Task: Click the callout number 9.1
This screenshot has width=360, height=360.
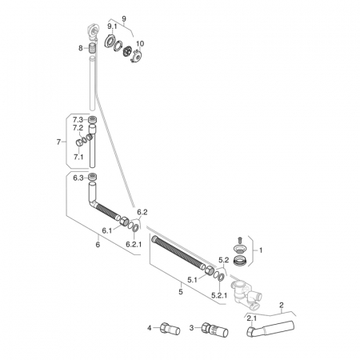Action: click(x=112, y=26)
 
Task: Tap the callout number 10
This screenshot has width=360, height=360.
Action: click(x=140, y=43)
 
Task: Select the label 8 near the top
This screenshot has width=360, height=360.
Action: click(x=81, y=48)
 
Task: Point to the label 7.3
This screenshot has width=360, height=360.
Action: click(x=78, y=120)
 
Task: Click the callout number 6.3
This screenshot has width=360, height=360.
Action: click(x=78, y=178)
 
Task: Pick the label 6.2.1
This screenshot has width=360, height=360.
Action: click(x=134, y=244)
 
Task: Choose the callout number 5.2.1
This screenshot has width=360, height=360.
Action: click(x=219, y=295)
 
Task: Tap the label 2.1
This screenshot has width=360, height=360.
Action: click(x=252, y=318)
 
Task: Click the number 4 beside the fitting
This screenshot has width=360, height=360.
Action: click(x=150, y=328)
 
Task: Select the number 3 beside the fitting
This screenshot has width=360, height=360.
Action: click(x=191, y=328)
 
